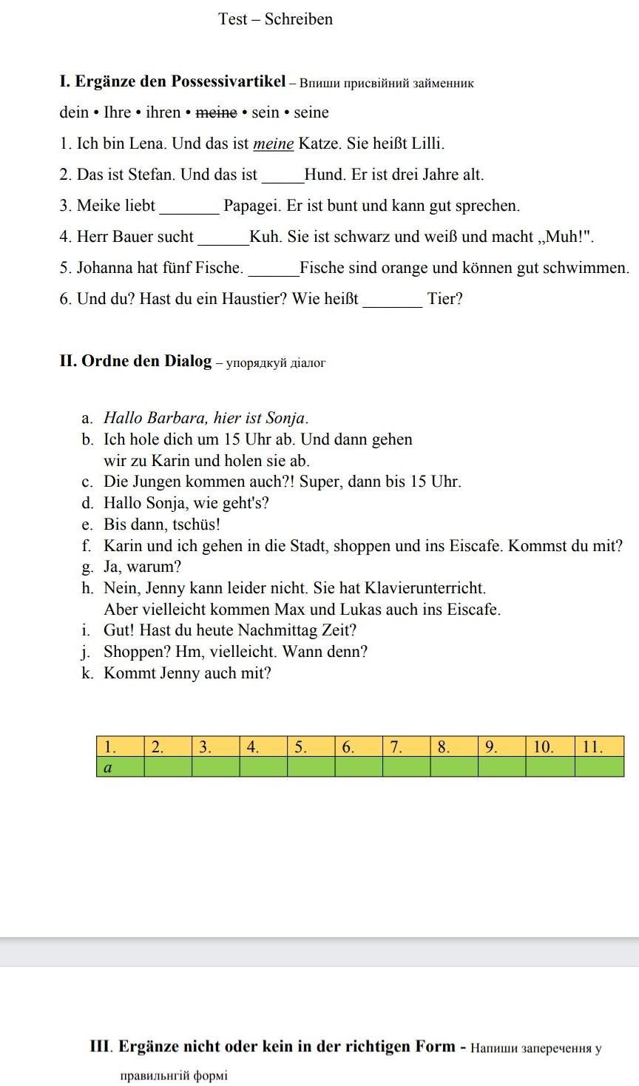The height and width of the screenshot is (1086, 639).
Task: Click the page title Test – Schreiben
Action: [x=275, y=19]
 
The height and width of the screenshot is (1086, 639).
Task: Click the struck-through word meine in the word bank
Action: [x=217, y=112]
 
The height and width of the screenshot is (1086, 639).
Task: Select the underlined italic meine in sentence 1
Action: [x=273, y=144]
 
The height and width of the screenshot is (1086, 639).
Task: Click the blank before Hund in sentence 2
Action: [x=283, y=176]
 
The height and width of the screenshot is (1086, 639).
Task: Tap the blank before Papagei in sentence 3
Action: [x=189, y=207]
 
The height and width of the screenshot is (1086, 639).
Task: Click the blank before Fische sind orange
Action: [x=273, y=269]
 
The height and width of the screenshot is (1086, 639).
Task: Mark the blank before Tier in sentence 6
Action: [x=392, y=300]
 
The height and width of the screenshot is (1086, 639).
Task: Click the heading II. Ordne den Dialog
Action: [x=135, y=361]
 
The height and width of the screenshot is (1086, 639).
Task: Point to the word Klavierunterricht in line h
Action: [x=425, y=588]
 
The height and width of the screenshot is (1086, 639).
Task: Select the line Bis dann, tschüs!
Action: [x=162, y=525]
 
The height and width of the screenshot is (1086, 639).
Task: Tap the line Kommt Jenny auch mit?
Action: [x=187, y=673]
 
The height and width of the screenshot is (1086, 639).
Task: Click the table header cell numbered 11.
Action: [x=599, y=746]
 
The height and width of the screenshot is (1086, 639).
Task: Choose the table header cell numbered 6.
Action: [x=358, y=746]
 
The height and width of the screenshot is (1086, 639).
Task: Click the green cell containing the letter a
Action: [x=120, y=767]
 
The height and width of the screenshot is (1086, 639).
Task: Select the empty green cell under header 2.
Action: [x=167, y=767]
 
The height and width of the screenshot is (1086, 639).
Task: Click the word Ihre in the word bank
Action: [x=117, y=112]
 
